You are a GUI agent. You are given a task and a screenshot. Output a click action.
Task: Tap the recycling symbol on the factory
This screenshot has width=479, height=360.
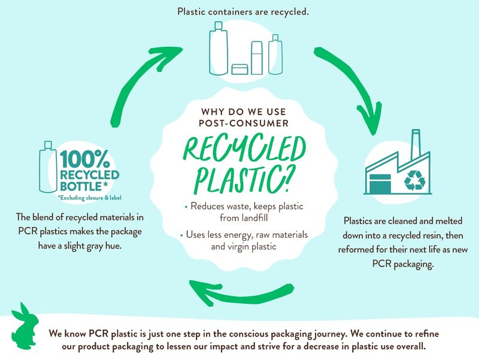coord(414,181)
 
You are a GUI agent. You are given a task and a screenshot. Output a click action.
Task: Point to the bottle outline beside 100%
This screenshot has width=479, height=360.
coord(48,167)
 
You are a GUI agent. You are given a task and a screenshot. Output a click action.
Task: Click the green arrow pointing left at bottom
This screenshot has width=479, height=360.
coord(241,293)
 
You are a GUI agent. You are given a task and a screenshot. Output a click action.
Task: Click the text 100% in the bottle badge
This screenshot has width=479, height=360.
coord(84,159)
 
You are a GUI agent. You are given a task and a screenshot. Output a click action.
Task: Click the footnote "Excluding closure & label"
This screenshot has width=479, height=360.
coord(89,198)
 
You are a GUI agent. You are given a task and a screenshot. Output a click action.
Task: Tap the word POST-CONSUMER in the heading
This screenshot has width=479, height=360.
coord(244,123)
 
